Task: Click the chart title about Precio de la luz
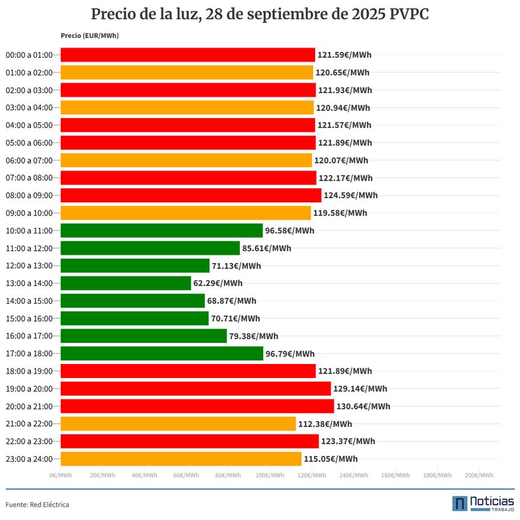click(x=260, y=14)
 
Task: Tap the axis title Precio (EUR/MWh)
click(x=89, y=36)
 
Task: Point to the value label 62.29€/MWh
click(x=218, y=283)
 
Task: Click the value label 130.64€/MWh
click(x=363, y=406)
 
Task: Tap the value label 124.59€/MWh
click(x=350, y=195)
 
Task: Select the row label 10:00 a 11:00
click(x=29, y=230)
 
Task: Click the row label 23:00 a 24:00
click(x=29, y=458)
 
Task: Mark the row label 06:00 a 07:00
click(x=29, y=160)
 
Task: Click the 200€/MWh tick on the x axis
click(x=479, y=475)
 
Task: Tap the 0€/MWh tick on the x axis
click(x=60, y=475)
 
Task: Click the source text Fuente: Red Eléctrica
click(x=37, y=505)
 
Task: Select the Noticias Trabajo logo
click(x=483, y=504)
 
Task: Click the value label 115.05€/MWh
click(x=330, y=459)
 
